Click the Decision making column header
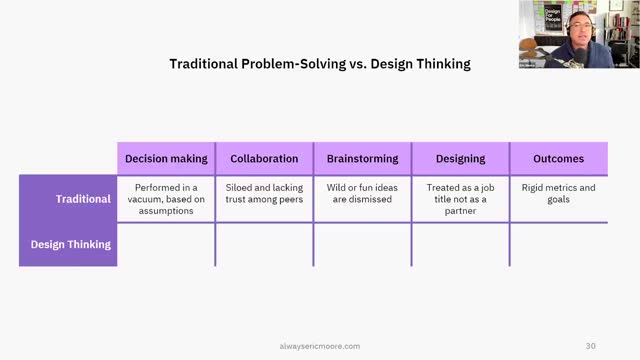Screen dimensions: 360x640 [x=166, y=158]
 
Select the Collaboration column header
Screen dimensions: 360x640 [x=264, y=158]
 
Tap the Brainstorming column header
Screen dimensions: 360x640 [x=362, y=158]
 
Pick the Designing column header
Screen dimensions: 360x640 [x=460, y=158]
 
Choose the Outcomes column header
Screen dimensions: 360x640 [x=558, y=158]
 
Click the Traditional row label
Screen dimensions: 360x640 [x=69, y=198]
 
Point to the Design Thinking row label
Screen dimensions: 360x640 [x=69, y=244]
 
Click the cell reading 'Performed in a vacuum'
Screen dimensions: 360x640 [x=166, y=198]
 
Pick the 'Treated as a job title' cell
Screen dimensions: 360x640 [x=460, y=198]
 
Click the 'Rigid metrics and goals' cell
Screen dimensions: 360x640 [x=558, y=193]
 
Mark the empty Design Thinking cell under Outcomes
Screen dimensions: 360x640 [x=558, y=244]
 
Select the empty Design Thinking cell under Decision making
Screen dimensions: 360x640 [x=166, y=244]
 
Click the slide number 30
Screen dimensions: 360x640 [x=591, y=346]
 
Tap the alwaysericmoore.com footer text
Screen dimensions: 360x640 [x=319, y=346]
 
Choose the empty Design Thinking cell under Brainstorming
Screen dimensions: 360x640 [x=362, y=244]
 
